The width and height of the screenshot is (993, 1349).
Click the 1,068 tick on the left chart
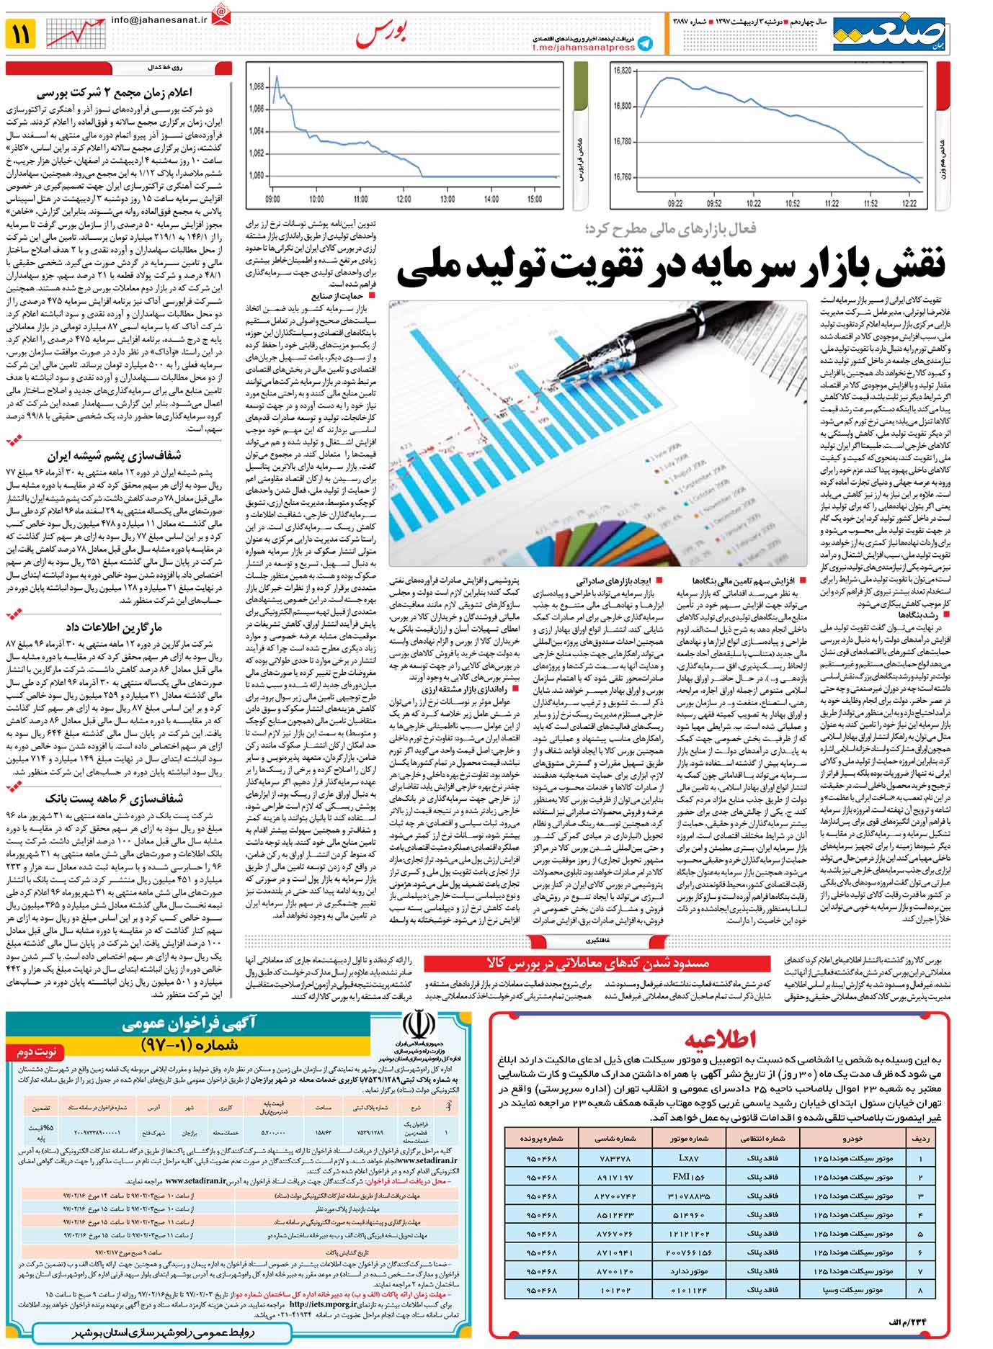point(256,86)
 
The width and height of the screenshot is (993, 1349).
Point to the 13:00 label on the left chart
point(447,199)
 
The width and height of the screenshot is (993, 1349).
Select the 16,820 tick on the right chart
point(622,71)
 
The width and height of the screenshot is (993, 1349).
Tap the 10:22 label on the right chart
point(753,204)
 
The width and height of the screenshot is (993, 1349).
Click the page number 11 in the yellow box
point(20,33)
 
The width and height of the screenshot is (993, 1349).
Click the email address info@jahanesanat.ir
point(159,20)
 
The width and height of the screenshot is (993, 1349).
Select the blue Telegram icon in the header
point(646,44)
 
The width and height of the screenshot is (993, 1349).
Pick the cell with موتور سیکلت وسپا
point(852,1290)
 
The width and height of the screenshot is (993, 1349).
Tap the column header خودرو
point(852,1139)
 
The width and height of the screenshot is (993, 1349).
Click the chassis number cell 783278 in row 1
point(614,1158)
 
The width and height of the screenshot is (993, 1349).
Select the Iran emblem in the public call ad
point(417,1023)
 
